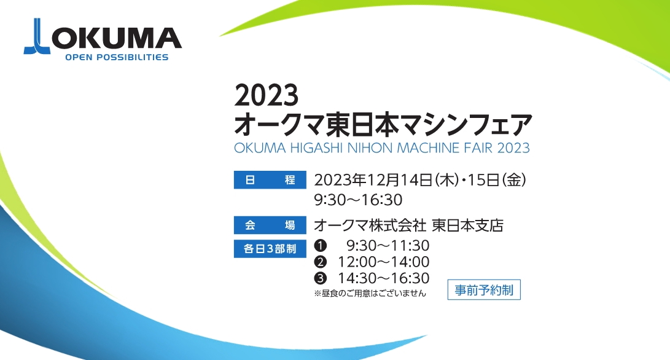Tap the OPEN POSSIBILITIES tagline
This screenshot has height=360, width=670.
tap(117, 57)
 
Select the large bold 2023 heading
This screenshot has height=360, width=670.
tap(266, 95)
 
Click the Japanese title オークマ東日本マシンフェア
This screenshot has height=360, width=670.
tap(383, 124)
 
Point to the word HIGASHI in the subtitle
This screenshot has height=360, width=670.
tap(316, 148)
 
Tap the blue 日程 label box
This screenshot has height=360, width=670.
tap(270, 179)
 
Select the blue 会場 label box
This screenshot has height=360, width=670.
tap(270, 225)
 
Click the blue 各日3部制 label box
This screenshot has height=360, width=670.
tap(270, 248)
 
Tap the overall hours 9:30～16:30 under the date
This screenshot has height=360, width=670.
tap(359, 200)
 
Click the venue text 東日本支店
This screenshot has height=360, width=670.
tap(468, 225)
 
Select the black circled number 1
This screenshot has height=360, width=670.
tap(320, 245)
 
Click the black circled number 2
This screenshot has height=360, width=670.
tap(320, 262)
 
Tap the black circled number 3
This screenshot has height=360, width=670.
tap(320, 278)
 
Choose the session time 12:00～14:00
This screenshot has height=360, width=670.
tap(384, 262)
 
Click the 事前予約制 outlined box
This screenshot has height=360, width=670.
tap(484, 290)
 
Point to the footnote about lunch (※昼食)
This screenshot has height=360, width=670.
tap(370, 293)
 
